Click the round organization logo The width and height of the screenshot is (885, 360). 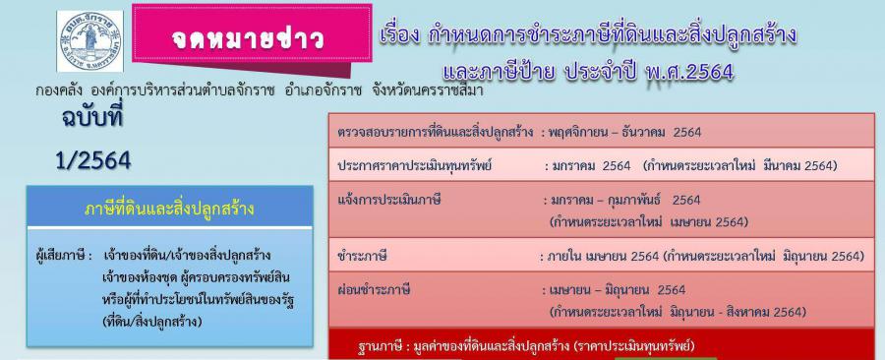(89, 41)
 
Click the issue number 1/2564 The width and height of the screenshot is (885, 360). (93, 161)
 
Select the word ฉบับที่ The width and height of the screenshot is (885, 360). (92, 118)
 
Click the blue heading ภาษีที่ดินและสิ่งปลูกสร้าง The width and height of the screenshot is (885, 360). (169, 210)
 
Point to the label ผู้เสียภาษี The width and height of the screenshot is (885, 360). (63, 256)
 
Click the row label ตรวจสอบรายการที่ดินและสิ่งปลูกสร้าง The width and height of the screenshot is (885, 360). (436, 133)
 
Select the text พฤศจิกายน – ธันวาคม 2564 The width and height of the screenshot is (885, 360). (620, 133)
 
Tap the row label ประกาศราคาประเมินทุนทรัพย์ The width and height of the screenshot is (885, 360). (415, 166)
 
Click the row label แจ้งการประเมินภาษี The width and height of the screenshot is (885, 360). (388, 200)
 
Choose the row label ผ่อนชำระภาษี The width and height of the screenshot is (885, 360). (373, 290)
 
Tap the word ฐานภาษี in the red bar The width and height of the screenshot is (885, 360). (380, 346)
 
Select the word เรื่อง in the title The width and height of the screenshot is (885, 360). (399, 35)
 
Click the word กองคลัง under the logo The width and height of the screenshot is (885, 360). (56, 90)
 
